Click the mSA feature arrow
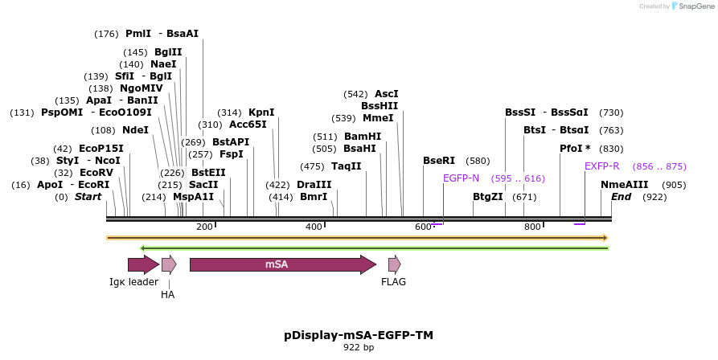coord(282,264)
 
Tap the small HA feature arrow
coord(169,264)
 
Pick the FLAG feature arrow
coord(394,264)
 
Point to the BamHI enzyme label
coord(363,137)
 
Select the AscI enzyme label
coord(387,93)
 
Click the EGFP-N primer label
coord(461,178)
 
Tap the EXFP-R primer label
coord(601,166)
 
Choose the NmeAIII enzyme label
coord(624,184)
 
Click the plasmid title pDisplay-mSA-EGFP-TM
coord(359,335)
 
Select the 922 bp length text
coord(359,348)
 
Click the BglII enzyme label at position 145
coord(168,52)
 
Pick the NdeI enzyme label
coord(136,130)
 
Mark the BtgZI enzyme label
coord(488,196)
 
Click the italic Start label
coord(88,197)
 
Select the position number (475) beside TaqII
coord(313,166)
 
